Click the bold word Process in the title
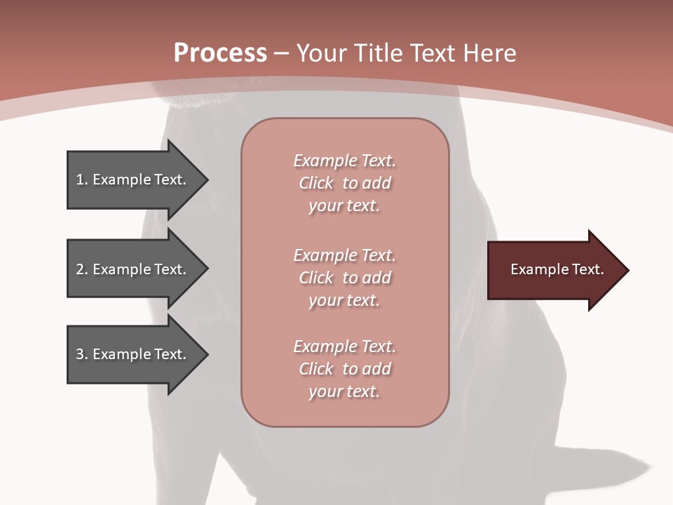(x=220, y=53)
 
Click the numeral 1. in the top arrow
(x=82, y=180)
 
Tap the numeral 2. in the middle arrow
(x=82, y=269)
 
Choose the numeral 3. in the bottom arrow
(x=82, y=354)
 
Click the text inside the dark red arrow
(x=557, y=269)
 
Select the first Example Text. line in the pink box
(x=344, y=161)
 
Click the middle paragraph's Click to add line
(x=344, y=278)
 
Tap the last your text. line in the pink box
(x=344, y=391)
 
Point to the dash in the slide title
(x=281, y=53)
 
